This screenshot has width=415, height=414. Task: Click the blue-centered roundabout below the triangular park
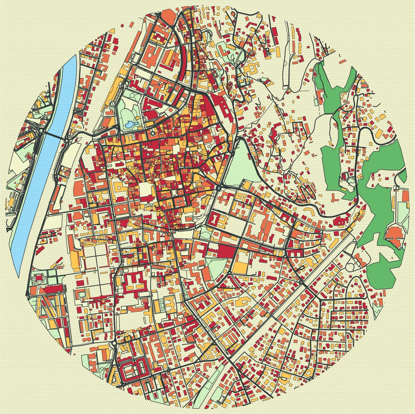[x=219, y=188]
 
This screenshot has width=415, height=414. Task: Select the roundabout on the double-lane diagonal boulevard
[x=302, y=282]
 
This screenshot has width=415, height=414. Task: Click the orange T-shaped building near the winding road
[x=335, y=198]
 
